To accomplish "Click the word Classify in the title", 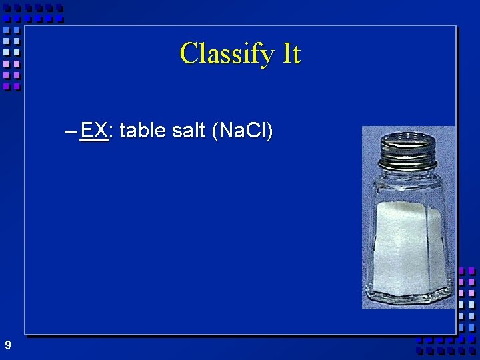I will (x=227, y=53).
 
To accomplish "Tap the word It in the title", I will (x=292, y=53).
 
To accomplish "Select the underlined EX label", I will (x=93, y=131).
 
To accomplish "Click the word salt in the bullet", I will (x=188, y=131).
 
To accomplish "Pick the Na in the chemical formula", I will (x=229, y=131).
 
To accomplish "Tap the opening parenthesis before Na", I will (x=214, y=131).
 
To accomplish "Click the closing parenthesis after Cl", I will (x=269, y=131).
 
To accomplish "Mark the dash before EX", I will (x=71, y=131).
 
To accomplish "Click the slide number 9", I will (x=7, y=345).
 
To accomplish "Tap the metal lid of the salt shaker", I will (x=408, y=149).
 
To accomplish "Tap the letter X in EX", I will (x=101, y=131).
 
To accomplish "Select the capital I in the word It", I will (x=287, y=53).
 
